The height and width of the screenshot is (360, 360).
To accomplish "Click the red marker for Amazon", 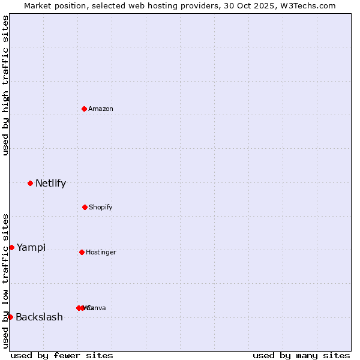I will point(85,109).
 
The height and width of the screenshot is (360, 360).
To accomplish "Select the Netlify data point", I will point(30,183).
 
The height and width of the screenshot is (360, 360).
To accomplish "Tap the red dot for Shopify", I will point(85,207).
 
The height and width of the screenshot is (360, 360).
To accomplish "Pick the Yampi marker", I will point(11,247).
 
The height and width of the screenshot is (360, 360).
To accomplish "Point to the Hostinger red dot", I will point(82,252).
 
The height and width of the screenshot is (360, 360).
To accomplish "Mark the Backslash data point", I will point(10,317).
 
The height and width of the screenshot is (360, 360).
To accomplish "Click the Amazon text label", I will point(100,109).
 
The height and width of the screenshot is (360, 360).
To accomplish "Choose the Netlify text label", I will point(50,184).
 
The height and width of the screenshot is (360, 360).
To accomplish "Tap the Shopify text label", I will point(100,207).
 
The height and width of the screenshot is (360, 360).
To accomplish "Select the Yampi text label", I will point(31,247).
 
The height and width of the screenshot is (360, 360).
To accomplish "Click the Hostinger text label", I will point(101,252).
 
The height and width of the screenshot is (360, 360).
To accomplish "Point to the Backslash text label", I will point(39,317).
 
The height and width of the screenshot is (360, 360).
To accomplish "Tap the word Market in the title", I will point(38,5).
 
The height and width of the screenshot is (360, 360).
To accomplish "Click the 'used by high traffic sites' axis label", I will point(6,85).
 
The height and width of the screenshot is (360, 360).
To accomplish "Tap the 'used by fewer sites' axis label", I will point(62,355).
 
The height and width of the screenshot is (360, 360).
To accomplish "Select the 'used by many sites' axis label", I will point(301,355).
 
